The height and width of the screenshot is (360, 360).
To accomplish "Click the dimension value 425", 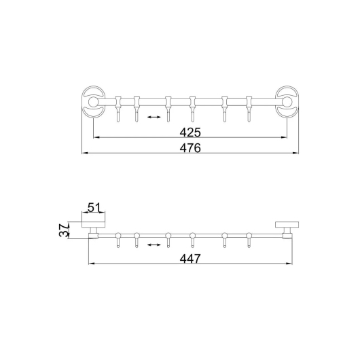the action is pos(190,132).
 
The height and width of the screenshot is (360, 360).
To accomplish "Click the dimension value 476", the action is pos(190,148).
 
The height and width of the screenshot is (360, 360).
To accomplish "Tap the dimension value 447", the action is pos(190,259).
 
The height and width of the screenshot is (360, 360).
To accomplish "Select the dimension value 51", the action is pos(94,208).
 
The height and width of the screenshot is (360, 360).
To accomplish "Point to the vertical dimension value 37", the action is pos(65,230).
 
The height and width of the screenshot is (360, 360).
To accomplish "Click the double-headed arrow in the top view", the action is pos(154,117).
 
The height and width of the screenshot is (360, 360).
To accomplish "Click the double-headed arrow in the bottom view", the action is pos(154,245).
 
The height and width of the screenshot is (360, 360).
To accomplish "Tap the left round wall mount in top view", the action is pos(94,102).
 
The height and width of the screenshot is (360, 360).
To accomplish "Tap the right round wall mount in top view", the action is pos(287,102).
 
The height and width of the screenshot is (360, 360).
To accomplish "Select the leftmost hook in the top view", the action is pos(118,109).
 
